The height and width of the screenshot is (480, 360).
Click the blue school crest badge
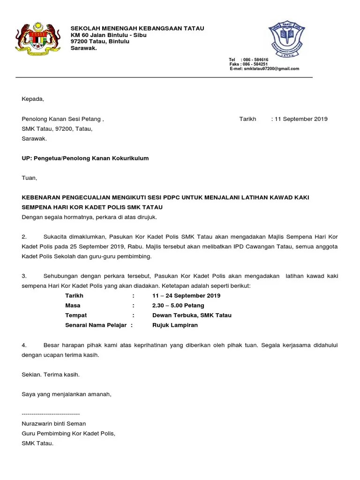pos(286,40)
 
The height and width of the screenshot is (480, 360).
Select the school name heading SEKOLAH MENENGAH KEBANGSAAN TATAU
pos(137,29)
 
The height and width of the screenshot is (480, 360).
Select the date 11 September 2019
pos(301,119)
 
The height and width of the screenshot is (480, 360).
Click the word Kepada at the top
pos(32,99)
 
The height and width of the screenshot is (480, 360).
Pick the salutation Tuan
pos(29,178)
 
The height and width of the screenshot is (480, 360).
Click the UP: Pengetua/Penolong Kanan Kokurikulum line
pos(85,158)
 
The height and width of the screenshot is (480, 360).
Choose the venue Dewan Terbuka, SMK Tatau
pos(192,315)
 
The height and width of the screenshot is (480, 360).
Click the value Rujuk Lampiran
pos(175,325)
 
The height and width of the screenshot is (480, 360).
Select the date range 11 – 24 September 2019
pos(186,296)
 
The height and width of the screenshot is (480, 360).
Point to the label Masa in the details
pos(73,306)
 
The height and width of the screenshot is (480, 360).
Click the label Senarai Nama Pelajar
pos(97,325)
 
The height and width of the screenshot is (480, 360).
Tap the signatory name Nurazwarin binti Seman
pos(54,424)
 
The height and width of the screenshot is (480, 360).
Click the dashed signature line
pos(51,414)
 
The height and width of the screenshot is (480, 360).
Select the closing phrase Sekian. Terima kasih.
pos(51,375)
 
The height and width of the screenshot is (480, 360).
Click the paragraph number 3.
pos(24,276)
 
